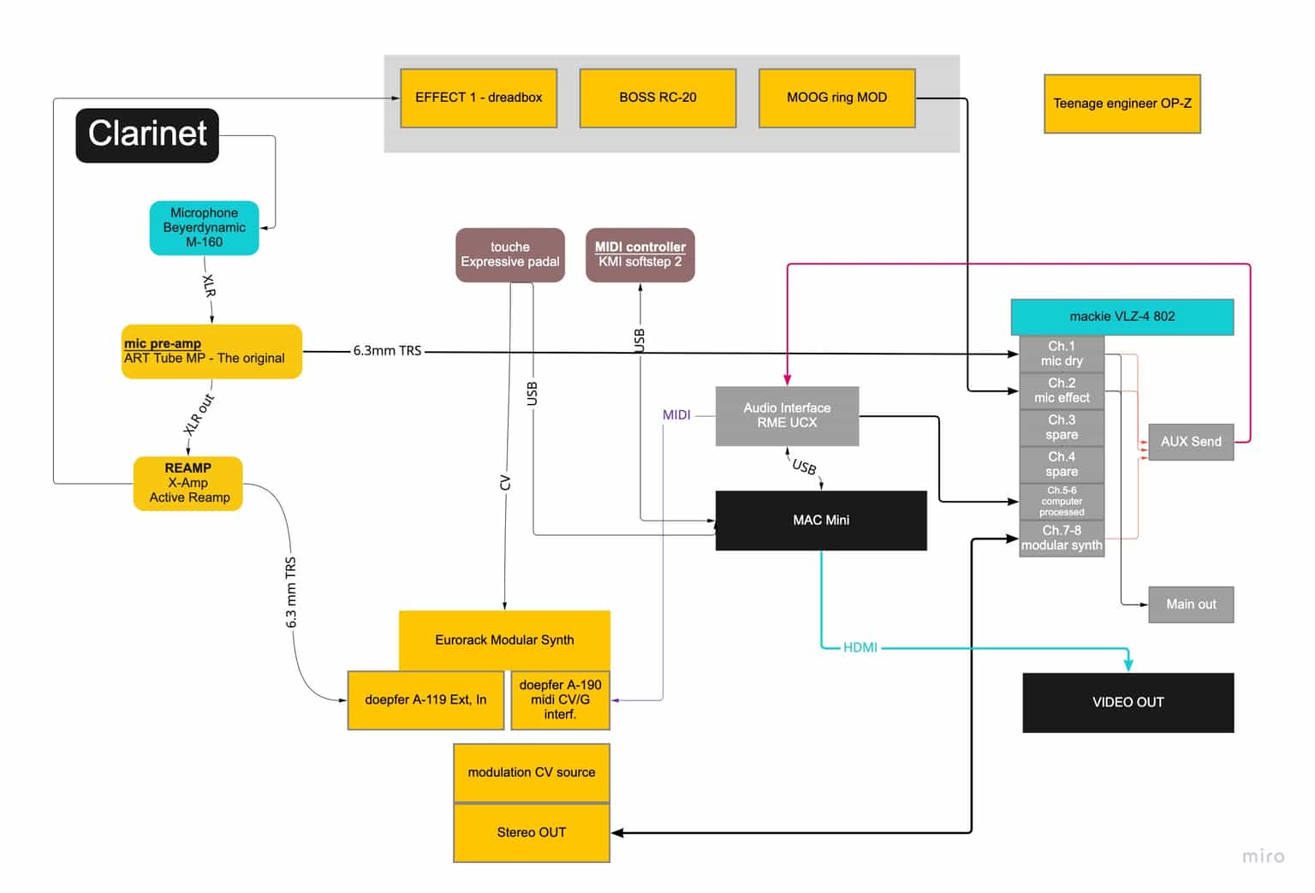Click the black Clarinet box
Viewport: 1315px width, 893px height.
click(x=147, y=134)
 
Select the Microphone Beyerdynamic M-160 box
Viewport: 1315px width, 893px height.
click(x=204, y=228)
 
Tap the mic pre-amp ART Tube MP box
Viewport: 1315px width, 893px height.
click(x=211, y=351)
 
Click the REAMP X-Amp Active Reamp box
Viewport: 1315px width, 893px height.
click(x=188, y=483)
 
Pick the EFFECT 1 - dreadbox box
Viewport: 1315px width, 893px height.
click(x=479, y=98)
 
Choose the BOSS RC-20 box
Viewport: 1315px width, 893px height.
click(x=657, y=98)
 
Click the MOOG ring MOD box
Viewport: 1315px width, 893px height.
click(x=836, y=98)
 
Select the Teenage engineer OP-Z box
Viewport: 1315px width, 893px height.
click(x=1122, y=104)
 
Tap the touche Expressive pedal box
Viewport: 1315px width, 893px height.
click(x=509, y=254)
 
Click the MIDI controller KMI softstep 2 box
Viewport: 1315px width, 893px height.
click(x=640, y=254)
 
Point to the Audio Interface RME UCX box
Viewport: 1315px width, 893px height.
click(x=787, y=415)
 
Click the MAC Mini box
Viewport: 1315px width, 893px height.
click(x=821, y=520)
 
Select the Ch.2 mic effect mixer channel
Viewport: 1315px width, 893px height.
click(x=1062, y=390)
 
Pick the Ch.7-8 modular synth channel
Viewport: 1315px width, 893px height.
click(x=1062, y=538)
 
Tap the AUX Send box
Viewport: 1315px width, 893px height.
click(x=1190, y=442)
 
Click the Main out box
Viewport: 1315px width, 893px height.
click(x=1190, y=604)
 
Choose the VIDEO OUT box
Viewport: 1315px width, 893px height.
click(x=1128, y=702)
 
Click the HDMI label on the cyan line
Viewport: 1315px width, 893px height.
click(x=860, y=647)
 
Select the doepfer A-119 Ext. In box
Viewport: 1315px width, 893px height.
click(x=425, y=700)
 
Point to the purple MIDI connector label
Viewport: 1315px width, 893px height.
click(x=676, y=415)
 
